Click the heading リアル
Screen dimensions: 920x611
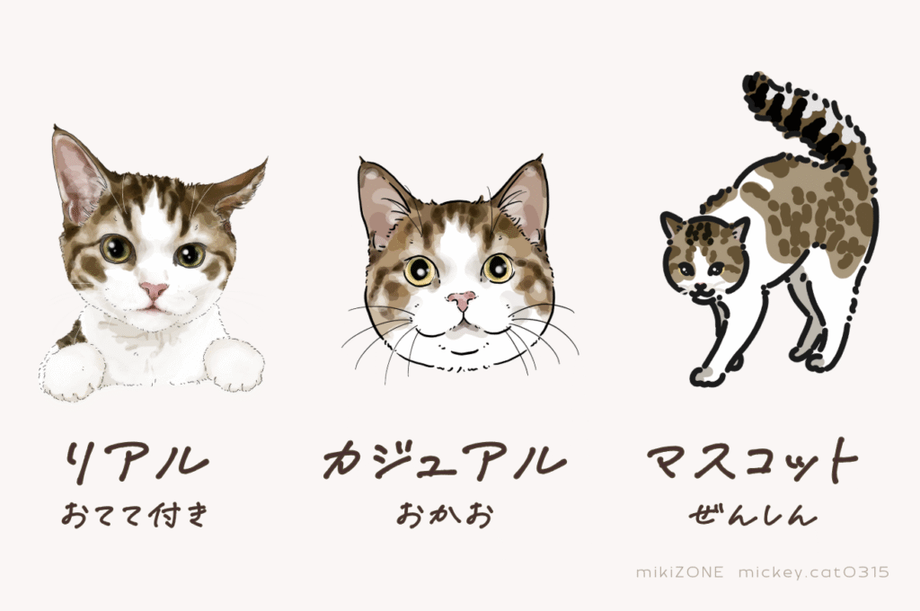point(137,461)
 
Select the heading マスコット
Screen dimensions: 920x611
point(753,459)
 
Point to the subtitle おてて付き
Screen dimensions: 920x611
point(135,515)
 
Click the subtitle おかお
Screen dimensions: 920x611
point(444,515)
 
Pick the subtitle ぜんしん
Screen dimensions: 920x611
point(753,515)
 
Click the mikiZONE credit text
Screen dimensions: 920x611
point(680,572)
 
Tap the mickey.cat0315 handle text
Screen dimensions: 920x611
point(814,572)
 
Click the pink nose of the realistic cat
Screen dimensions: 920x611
point(154,290)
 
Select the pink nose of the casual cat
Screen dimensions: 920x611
point(463,300)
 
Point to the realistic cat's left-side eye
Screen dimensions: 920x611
point(117,249)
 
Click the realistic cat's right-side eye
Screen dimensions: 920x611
point(190,254)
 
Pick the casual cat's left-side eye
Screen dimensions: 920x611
point(420,270)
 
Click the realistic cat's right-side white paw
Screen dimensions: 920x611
point(234,364)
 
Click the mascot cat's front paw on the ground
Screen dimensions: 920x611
point(704,374)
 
